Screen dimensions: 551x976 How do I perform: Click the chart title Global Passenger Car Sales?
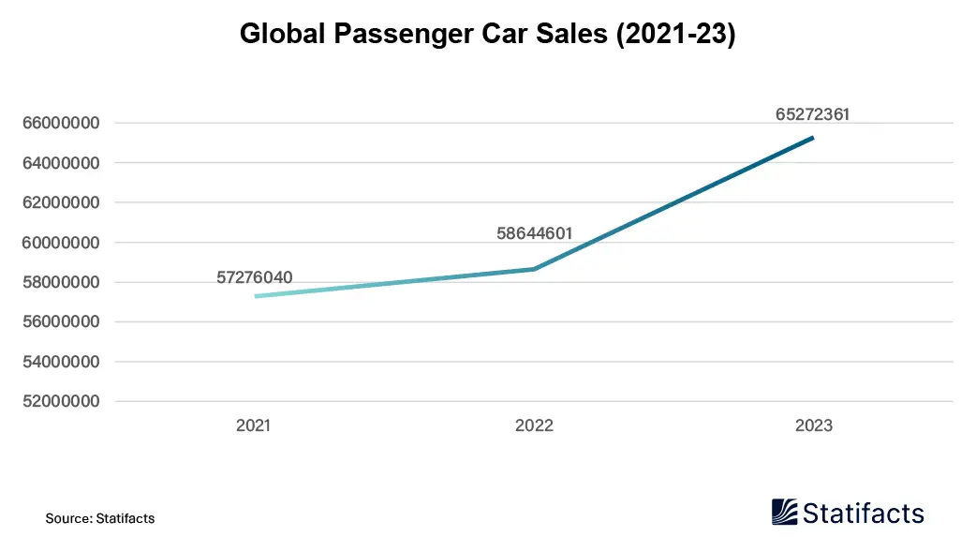(487, 34)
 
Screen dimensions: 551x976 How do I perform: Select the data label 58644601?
(534, 232)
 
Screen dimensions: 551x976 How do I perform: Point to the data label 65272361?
(812, 114)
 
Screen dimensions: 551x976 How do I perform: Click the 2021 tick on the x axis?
(253, 425)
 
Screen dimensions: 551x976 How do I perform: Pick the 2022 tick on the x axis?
(534, 425)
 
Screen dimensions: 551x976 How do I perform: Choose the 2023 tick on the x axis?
(813, 425)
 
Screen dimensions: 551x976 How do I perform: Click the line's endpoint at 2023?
(813, 138)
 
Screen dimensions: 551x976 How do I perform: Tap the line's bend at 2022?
(534, 269)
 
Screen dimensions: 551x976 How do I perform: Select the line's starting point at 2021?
(255, 296)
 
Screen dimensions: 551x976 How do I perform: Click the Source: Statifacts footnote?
(100, 518)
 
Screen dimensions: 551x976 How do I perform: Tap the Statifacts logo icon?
(785, 512)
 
